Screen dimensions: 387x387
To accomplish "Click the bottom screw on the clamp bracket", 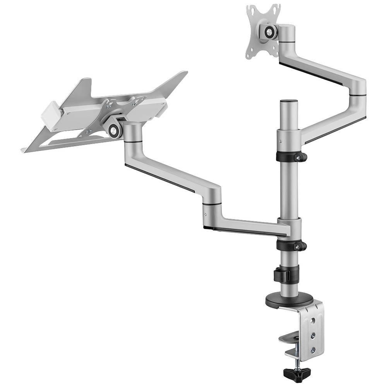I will (313, 350).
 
